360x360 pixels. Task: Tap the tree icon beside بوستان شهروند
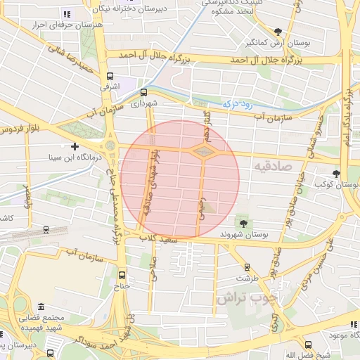[x=243, y=222]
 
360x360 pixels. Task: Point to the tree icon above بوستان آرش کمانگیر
[x=278, y=31]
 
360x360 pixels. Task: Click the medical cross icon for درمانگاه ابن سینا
[x=75, y=146]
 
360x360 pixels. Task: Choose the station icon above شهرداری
[x=144, y=91]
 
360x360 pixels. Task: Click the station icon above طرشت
[x=247, y=267]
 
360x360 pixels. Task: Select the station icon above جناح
[x=123, y=275]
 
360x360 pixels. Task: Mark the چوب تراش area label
[x=243, y=297]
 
